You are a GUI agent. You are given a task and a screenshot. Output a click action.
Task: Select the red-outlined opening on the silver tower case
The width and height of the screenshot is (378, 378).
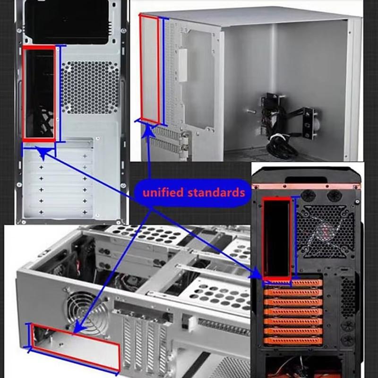(39, 94)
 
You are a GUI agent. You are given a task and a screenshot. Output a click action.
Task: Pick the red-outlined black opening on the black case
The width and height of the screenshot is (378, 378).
(277, 239)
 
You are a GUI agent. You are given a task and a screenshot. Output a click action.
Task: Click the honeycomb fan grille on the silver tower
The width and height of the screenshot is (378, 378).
(90, 87)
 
